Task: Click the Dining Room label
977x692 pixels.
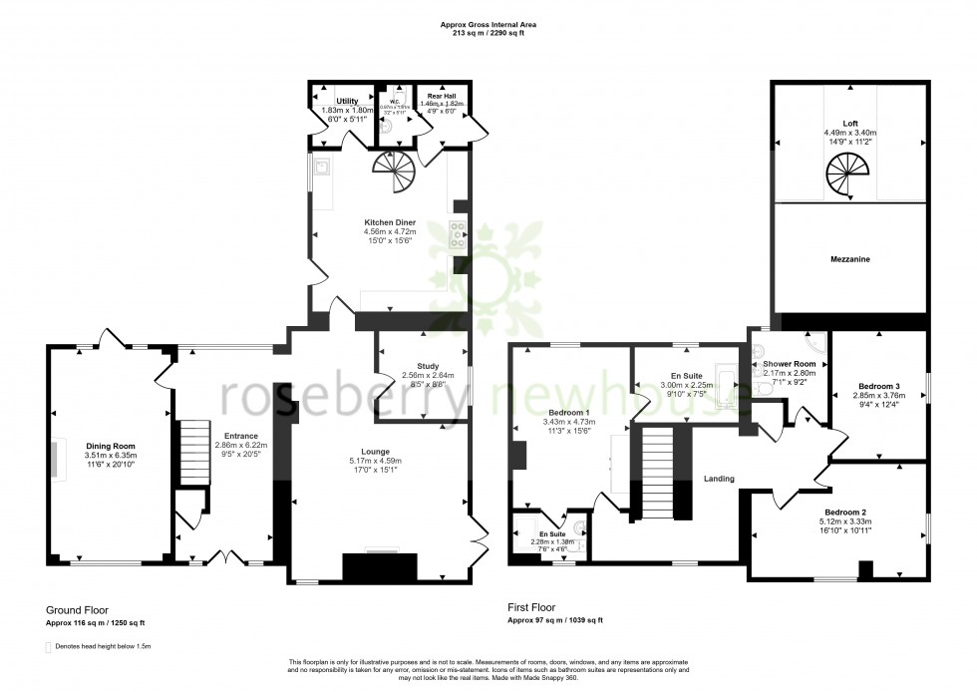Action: click(x=110, y=446)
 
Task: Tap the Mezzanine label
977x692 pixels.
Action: click(x=850, y=259)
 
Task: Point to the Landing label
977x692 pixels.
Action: click(x=719, y=479)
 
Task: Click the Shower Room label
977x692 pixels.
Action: click(x=790, y=364)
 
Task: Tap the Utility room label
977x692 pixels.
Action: click(x=347, y=101)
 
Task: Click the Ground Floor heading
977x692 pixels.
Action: click(x=77, y=608)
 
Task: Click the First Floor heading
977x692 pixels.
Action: click(x=530, y=606)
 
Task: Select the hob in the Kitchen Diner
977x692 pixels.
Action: click(x=460, y=237)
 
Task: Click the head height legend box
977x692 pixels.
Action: click(x=49, y=647)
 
